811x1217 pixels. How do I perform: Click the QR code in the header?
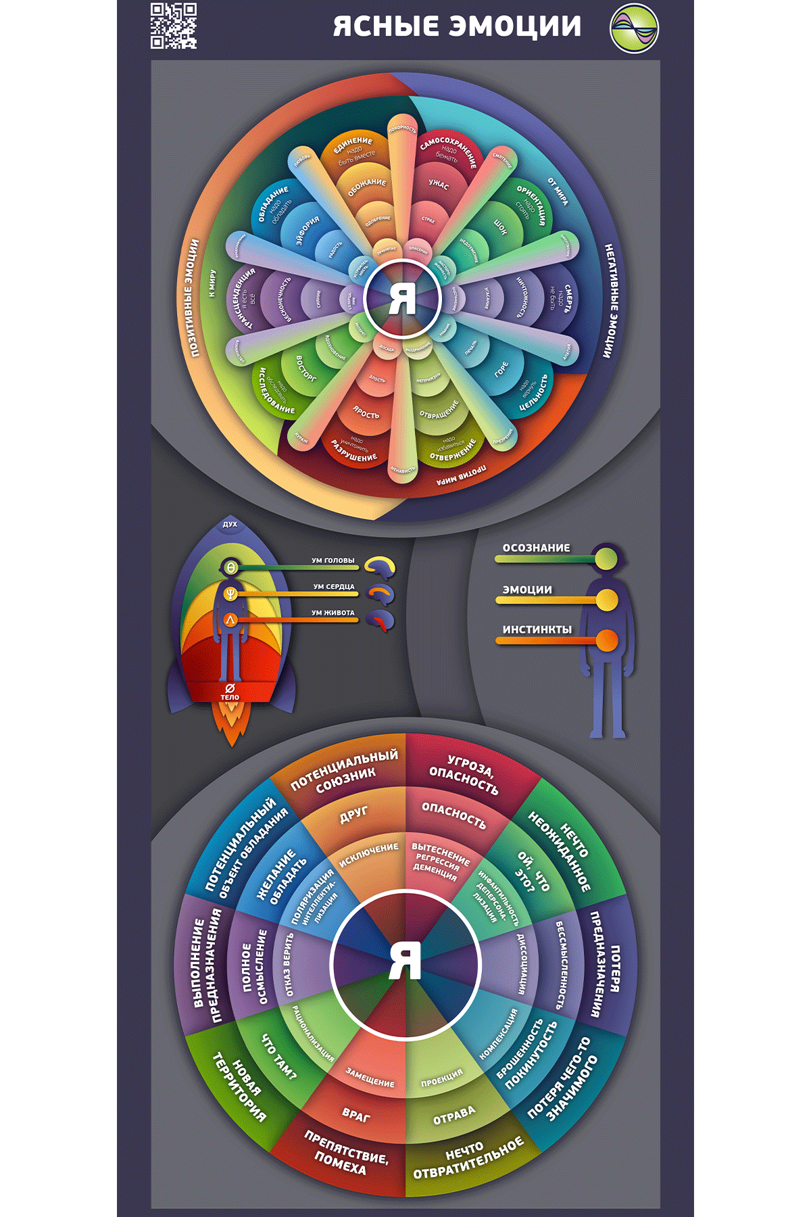click(174, 26)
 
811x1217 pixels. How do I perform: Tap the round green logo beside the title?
click(634, 28)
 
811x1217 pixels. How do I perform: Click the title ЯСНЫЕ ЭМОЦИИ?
click(457, 26)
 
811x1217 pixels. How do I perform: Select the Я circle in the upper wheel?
click(403, 299)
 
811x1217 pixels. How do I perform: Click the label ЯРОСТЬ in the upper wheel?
click(366, 412)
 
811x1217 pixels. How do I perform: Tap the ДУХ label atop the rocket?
click(230, 524)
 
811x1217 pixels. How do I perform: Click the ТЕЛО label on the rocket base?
click(230, 697)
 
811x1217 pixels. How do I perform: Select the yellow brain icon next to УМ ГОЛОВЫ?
click(380, 567)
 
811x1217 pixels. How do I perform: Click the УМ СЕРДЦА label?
click(334, 587)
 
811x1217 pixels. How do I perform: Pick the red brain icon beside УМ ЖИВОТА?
click(380, 620)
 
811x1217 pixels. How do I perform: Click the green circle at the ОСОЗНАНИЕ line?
click(606, 558)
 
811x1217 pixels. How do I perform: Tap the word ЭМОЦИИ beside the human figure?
click(527, 590)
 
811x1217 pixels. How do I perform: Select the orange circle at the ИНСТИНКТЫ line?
click(606, 640)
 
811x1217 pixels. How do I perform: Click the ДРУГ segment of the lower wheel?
click(353, 815)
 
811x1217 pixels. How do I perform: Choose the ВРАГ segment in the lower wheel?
click(356, 1114)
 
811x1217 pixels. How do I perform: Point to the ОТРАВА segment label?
click(454, 1115)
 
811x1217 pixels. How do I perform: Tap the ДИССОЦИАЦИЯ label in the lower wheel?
click(521, 963)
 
